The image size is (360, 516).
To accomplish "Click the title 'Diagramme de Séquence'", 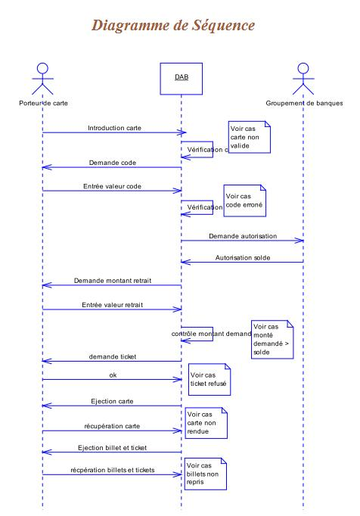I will coord(172,25).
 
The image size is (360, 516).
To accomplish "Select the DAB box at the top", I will coord(181,77).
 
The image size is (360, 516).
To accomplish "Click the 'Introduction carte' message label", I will coord(114,128).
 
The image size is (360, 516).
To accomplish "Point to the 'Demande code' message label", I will coord(113,163).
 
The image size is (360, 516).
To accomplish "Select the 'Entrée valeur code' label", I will coord(112,186).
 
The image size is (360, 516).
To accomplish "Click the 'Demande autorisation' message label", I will coord(244,237).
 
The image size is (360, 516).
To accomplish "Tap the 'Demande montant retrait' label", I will coord(113,281).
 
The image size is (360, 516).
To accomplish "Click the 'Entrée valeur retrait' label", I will coord(113,305).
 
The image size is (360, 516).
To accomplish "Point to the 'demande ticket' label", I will coord(113,356).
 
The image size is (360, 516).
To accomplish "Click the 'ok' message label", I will coord(113,374).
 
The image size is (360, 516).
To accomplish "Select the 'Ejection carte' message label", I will coord(113,401).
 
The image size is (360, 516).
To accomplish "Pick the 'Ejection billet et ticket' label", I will coord(113,448).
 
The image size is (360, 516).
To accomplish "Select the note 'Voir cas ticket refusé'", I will coord(209,380).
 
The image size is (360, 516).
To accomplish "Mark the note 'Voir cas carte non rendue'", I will coord(206,424).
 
